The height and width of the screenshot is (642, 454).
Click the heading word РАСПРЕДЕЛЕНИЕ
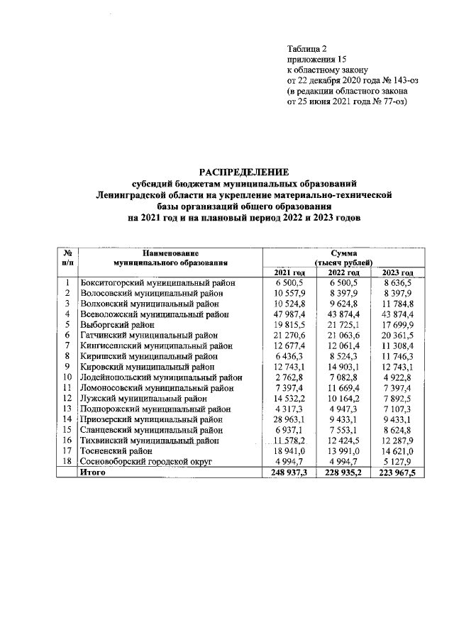coord(244,172)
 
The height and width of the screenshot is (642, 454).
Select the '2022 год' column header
coord(344,272)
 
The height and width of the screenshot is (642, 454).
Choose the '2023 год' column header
coord(397,272)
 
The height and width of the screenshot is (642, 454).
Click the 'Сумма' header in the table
coord(344,253)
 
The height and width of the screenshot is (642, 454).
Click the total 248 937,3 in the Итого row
coord(288,472)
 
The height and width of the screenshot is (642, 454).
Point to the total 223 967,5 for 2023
coord(397,472)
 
